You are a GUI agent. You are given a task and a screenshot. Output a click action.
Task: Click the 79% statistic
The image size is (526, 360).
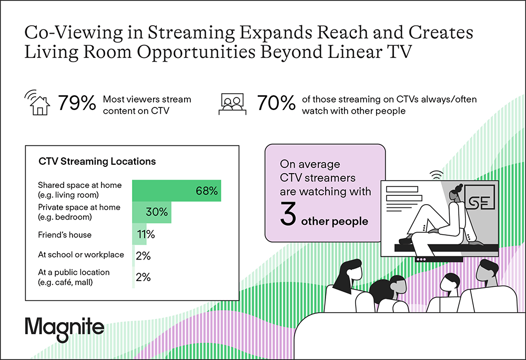pyautogui.click(x=77, y=103)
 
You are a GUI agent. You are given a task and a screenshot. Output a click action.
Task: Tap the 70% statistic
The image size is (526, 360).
pyautogui.click(x=276, y=103)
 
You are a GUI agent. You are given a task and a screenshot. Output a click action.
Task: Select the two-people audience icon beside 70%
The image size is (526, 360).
pyautogui.click(x=232, y=104)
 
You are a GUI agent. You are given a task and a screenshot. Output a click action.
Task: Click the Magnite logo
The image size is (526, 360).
pyautogui.click(x=64, y=329)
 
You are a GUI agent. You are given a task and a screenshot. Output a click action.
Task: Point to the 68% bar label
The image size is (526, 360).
pyautogui.click(x=207, y=191)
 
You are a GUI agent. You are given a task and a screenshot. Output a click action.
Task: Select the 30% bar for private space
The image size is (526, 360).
pyautogui.click(x=151, y=212)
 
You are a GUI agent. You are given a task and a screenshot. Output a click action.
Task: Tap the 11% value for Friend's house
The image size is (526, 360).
pyautogui.click(x=146, y=234)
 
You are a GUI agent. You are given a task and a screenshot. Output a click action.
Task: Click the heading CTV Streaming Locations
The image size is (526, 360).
pyautogui.click(x=97, y=162)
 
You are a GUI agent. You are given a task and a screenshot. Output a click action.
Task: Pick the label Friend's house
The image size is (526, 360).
pyautogui.click(x=65, y=235)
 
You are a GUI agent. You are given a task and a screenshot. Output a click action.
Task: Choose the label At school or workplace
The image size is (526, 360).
pyautogui.click(x=81, y=255)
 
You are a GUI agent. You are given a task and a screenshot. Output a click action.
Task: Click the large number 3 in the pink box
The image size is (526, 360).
pyautogui.click(x=288, y=214)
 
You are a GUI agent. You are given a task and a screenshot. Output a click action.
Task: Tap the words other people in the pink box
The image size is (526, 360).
pyautogui.click(x=335, y=222)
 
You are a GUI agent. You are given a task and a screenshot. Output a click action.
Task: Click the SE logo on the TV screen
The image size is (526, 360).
pyautogui.click(x=480, y=201)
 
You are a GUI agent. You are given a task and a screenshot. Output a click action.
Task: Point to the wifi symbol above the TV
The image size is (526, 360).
pyautogui.click(x=437, y=175)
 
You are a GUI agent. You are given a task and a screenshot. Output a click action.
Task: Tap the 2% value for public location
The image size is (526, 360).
pyautogui.click(x=143, y=277)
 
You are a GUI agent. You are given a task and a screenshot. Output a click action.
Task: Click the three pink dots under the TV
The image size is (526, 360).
pyautogui.click(x=421, y=259)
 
